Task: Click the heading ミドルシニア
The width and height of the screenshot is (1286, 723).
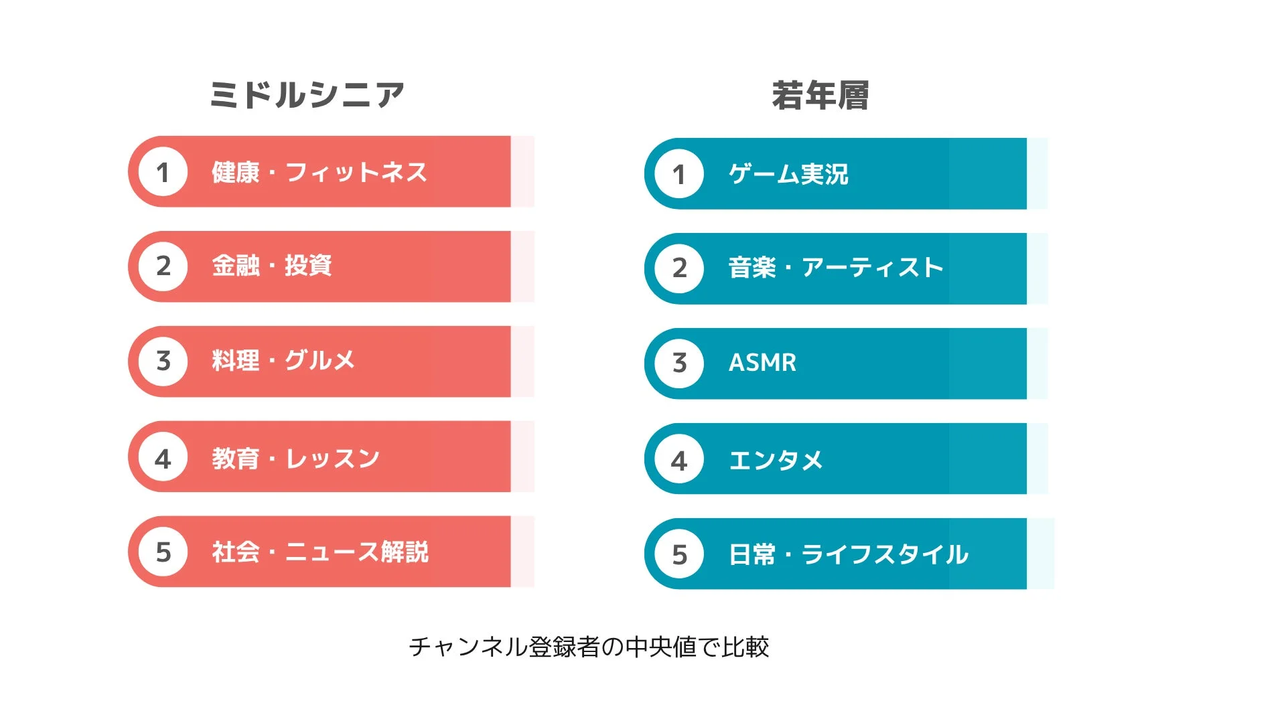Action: pos(307,94)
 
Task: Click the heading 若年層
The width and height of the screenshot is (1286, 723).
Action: pos(820,96)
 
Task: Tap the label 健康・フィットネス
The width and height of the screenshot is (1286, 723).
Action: pos(319,172)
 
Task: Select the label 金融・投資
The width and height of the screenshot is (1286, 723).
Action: pos(272,266)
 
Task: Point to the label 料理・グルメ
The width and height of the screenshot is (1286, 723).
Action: pos(283,361)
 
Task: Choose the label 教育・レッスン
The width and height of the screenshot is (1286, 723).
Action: pos(296,459)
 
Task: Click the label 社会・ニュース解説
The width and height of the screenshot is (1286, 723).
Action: pos(320,552)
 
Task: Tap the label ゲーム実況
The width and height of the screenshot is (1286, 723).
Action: pos(788,174)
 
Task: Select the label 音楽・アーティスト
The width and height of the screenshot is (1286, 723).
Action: pos(836,268)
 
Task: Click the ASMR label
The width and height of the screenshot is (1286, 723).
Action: pos(762,363)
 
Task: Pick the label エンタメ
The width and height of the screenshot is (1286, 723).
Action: pos(776,460)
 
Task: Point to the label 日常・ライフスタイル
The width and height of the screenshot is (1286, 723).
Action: pos(848,554)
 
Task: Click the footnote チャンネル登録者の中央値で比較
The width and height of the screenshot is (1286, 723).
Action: pos(589,647)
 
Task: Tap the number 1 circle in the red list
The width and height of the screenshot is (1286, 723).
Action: pos(163,172)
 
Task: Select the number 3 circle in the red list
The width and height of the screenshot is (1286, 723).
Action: pos(163,361)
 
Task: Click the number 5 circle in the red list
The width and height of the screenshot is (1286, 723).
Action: pos(163,552)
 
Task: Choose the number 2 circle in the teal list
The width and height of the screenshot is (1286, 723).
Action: pos(679,268)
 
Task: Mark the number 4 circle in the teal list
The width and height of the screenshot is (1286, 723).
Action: pos(679,460)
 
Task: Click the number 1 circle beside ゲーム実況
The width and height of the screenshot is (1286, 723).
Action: pos(679,174)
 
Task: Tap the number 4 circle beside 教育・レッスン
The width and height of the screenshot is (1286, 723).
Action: pos(163,459)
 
